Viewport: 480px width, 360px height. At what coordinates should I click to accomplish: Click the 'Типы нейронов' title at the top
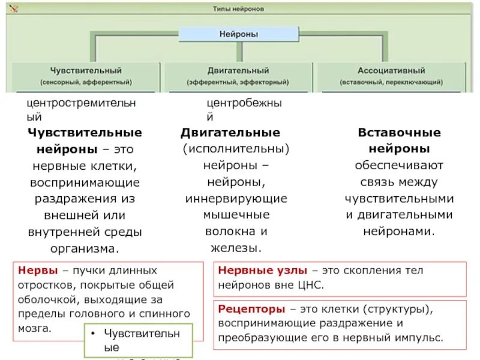[238, 10]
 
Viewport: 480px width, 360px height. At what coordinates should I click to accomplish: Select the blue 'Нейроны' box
[238, 34]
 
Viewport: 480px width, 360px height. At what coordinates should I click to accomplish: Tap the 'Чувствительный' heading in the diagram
[86, 70]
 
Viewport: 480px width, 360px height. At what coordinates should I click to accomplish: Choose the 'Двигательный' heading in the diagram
[238, 70]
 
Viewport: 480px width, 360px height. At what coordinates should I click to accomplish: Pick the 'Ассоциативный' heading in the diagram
[391, 70]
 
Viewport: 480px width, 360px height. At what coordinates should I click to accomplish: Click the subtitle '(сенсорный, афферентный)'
[86, 82]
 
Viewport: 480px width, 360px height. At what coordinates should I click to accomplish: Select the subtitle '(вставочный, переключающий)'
[391, 82]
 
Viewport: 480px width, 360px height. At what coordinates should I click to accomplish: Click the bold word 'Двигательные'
[230, 133]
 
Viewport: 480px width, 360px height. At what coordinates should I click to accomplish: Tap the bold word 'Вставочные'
[400, 133]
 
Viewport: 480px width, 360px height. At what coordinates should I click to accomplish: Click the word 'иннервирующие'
[236, 198]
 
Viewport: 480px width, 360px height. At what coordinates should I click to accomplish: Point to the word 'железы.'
[236, 247]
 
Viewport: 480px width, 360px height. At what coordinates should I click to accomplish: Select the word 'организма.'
[85, 247]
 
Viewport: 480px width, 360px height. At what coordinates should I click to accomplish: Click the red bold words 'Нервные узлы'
[262, 271]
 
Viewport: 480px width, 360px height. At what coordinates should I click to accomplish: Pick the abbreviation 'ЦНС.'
[309, 285]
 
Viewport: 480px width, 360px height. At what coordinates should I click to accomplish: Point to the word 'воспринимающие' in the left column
[85, 182]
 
